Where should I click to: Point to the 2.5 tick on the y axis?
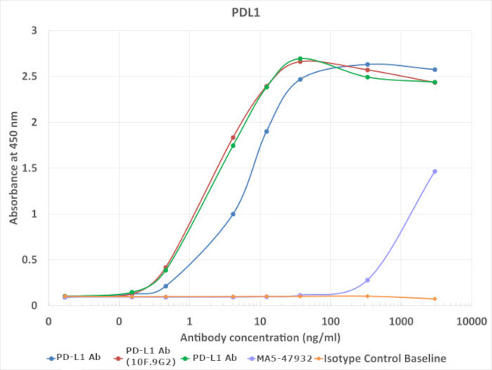point(33,77)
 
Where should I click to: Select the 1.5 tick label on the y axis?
point(33,168)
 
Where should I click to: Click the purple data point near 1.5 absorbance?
point(434,171)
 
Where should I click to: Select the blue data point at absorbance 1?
point(233,214)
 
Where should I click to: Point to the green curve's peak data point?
point(300,58)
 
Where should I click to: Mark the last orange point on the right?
point(434,299)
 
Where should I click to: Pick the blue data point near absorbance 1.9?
point(266,131)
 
